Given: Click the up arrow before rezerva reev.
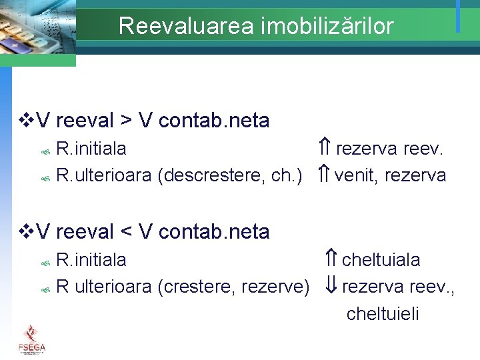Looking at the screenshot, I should tap(325, 147).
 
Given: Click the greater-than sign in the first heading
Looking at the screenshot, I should tap(126, 121).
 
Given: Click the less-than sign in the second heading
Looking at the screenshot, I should tap(126, 233).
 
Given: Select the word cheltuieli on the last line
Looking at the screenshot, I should tap(383, 314).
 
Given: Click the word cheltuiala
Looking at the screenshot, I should tap(381, 259).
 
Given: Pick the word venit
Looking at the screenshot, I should tap(356, 175).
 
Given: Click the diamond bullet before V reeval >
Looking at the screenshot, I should tap(26, 121).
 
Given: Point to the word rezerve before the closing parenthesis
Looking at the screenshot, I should tap(274, 287).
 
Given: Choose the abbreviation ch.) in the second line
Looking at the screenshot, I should tap(287, 175).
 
